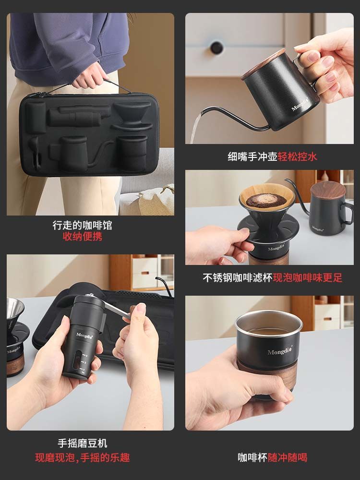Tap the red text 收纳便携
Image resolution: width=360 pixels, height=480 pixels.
click(x=82, y=237)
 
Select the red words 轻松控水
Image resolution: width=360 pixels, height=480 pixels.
click(x=297, y=156)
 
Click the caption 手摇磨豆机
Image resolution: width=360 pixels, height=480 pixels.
click(x=82, y=444)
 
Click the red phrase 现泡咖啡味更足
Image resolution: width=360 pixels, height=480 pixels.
click(x=307, y=278)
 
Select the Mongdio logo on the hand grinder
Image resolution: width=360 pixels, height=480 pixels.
click(x=83, y=334)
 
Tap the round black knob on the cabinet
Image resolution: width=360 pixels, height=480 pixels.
click(x=216, y=47)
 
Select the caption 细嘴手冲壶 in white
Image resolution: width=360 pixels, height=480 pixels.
click(x=252, y=156)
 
